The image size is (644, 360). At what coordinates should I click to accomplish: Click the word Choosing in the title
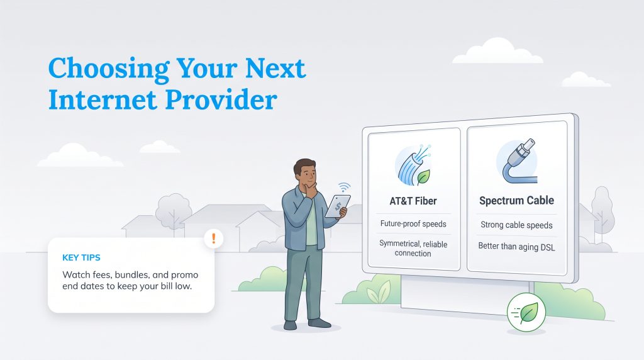pos(109,69)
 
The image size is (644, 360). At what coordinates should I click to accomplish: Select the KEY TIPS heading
pos(81,257)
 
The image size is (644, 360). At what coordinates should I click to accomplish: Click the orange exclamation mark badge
pos(214,239)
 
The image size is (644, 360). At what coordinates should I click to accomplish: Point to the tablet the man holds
pos(338,206)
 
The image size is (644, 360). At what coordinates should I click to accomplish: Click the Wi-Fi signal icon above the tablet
pos(344,188)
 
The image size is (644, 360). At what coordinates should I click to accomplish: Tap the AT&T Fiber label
pos(413,201)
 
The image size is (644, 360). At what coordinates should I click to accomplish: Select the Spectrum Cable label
pos(516,201)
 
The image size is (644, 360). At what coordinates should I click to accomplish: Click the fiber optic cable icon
pos(413,165)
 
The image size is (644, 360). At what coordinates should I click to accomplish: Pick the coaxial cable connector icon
pos(518,161)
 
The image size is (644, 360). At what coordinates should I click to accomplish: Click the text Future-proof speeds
pos(413,224)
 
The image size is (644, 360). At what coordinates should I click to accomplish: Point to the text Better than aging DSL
pos(516,247)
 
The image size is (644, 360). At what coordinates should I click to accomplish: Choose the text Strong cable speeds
pos(516,225)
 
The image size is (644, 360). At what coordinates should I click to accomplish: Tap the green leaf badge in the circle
pos(526,313)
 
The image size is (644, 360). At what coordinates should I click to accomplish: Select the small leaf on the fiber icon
pos(423,177)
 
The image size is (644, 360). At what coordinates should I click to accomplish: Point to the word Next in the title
pos(275,69)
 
